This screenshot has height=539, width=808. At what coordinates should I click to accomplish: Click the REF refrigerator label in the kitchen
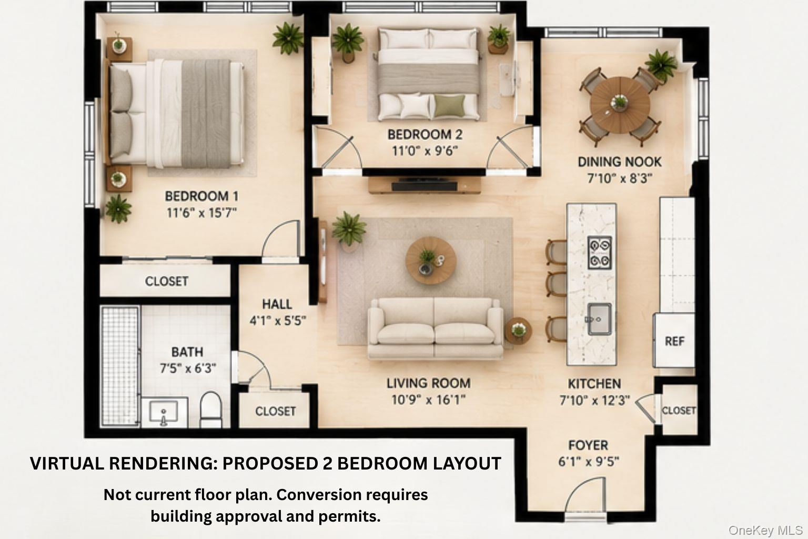click(674, 341)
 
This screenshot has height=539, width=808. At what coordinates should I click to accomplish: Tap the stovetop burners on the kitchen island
click(600, 253)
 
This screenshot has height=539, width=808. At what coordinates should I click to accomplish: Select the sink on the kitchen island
click(599, 319)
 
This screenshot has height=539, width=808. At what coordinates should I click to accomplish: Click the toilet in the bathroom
click(210, 410)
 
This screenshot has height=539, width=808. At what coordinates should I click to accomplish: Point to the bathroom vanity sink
click(164, 412)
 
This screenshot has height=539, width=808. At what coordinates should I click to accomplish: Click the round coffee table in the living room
click(431, 261)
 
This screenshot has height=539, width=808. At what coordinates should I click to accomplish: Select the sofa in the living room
click(436, 328)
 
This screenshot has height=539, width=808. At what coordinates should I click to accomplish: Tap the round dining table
click(620, 105)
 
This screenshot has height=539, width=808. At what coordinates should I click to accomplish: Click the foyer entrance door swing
click(585, 495)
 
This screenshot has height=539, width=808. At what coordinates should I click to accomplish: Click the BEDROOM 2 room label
click(425, 135)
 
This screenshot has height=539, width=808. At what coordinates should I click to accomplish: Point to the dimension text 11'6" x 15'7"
click(201, 213)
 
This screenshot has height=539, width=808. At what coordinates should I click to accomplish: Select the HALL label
click(277, 304)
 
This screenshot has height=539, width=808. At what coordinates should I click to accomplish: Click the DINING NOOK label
click(620, 162)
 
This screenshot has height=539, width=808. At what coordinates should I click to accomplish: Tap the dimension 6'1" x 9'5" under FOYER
click(589, 462)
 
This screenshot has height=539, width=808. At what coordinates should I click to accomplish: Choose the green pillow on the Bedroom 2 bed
click(449, 106)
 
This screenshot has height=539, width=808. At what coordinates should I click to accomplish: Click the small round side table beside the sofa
click(518, 331)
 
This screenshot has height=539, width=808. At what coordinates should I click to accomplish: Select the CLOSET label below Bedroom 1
click(167, 281)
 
